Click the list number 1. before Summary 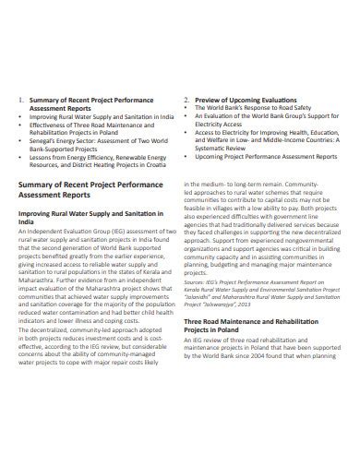click(x=21, y=99)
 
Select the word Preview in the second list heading click(x=208, y=99)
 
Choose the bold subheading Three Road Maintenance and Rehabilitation click(x=254, y=369)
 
